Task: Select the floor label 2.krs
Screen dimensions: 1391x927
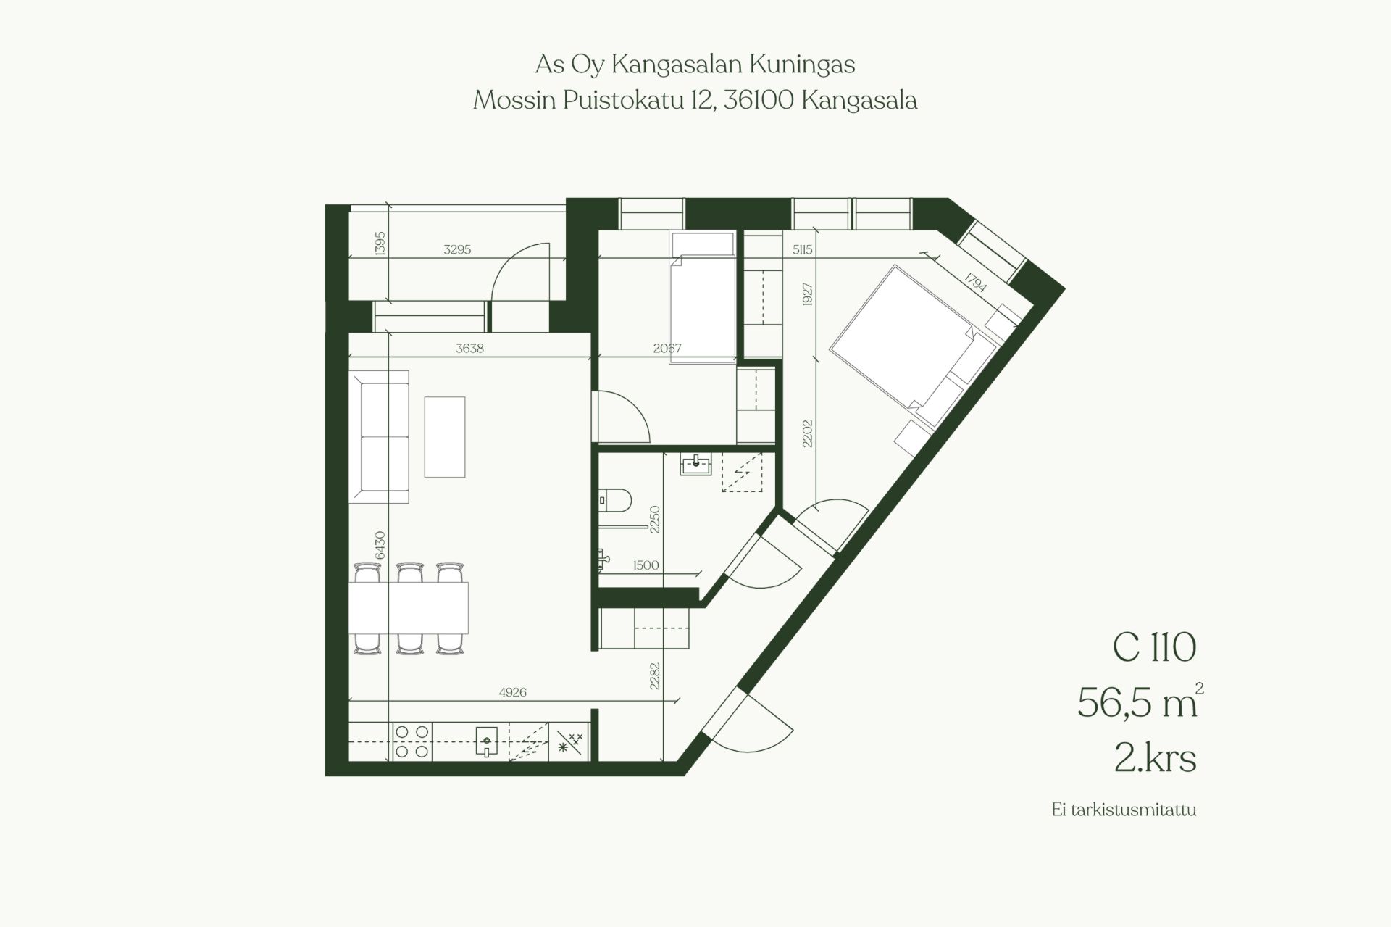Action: click(x=1155, y=758)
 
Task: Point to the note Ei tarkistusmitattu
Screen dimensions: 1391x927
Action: click(x=1124, y=810)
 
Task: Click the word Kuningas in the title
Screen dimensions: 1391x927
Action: click(x=802, y=65)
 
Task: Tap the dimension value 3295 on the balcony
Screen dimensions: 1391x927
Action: click(x=457, y=249)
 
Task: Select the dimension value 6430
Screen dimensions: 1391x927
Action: click(x=380, y=545)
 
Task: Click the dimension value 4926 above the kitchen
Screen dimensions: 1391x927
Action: click(x=512, y=692)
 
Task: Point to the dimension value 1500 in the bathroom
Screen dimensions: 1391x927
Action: click(x=646, y=565)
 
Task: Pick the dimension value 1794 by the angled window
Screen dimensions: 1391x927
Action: click(x=976, y=281)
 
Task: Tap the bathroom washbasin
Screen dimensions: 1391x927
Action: click(x=695, y=463)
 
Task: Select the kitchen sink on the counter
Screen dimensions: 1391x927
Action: click(x=487, y=741)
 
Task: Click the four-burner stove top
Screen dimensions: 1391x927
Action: click(x=412, y=741)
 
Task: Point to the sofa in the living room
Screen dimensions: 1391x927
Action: click(x=379, y=436)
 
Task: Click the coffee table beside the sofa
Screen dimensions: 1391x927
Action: click(x=445, y=437)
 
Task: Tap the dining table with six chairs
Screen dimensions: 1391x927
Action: click(x=409, y=607)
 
